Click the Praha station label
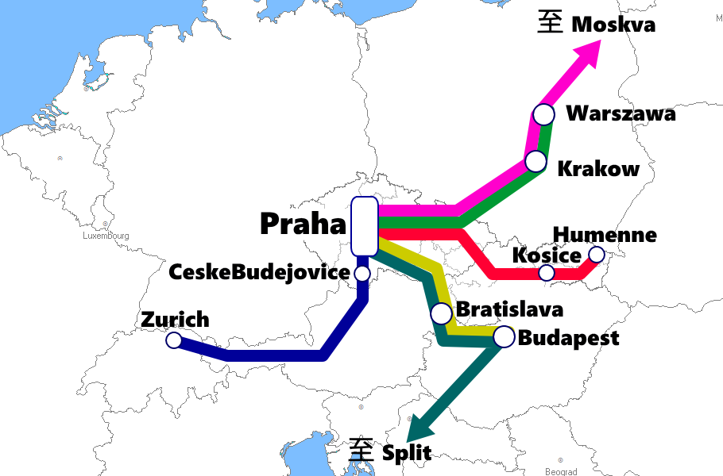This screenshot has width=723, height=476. point(304,224)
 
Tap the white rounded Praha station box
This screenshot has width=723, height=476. point(364,226)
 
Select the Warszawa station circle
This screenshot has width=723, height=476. point(543,114)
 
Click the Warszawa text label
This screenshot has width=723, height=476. point(621,114)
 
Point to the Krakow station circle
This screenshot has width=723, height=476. point(536,162)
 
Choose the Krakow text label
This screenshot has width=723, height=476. point(598,168)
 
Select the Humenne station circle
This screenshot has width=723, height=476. point(596,255)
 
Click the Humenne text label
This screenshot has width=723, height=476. point(605,235)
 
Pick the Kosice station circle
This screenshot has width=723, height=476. point(547,273)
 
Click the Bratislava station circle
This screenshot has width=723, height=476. point(441,313)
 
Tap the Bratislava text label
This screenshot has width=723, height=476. point(509,309)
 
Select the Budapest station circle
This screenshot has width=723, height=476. point(504,337)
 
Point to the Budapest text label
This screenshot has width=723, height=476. point(568,338)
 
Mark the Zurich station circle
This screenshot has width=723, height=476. point(174,340)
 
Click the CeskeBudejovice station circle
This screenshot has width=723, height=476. point(362,274)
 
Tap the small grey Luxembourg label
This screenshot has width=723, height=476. point(106,236)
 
